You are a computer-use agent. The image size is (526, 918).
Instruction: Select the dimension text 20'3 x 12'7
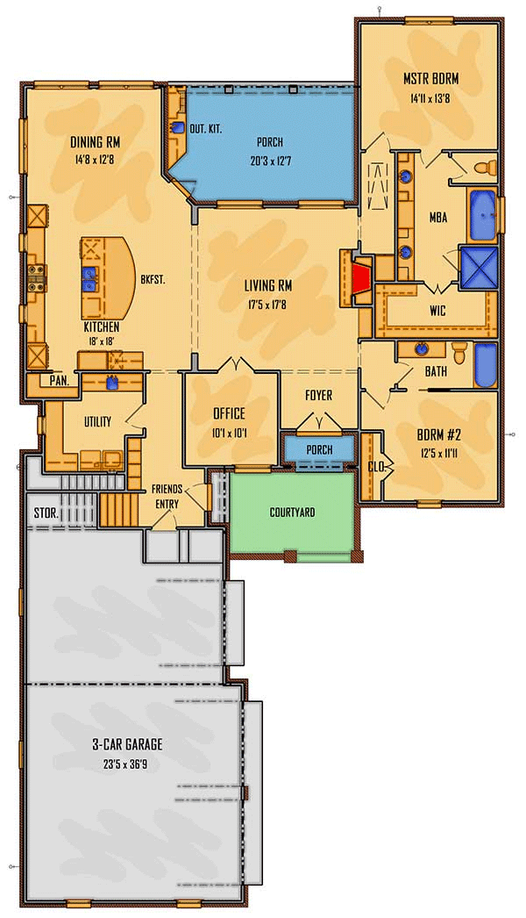tap(269, 161)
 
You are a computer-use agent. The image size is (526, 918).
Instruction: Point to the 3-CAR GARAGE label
tap(127, 744)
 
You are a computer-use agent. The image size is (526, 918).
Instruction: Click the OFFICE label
tap(229, 413)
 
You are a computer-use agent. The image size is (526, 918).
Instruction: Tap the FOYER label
tap(318, 396)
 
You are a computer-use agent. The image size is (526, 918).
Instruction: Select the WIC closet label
tap(438, 311)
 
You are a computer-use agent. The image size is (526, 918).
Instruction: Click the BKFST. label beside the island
tap(153, 280)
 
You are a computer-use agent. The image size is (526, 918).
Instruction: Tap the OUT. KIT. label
tap(204, 129)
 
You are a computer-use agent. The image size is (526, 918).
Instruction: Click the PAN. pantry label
tap(59, 382)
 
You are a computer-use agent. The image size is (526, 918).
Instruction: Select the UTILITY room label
tap(97, 422)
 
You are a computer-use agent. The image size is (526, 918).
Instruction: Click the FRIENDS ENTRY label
tap(167, 495)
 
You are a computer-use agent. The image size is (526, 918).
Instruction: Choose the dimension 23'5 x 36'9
tap(127, 764)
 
